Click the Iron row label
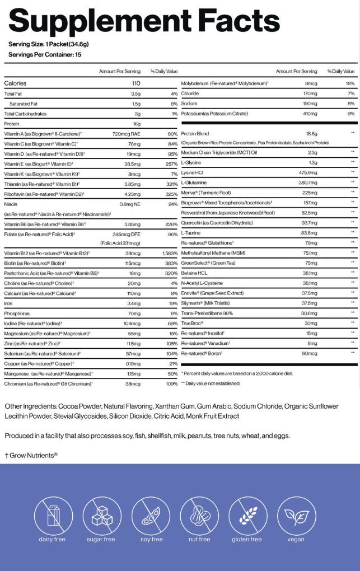pos(9,303)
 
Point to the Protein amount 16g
pos(136,124)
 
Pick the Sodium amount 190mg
pos(310,104)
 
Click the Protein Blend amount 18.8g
pos(311,133)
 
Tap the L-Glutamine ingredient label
pos(194,182)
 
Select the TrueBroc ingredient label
pos(193,323)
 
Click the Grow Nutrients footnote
pos(31,455)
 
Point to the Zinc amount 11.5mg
pos(133,343)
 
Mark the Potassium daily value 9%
pos(351,114)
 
